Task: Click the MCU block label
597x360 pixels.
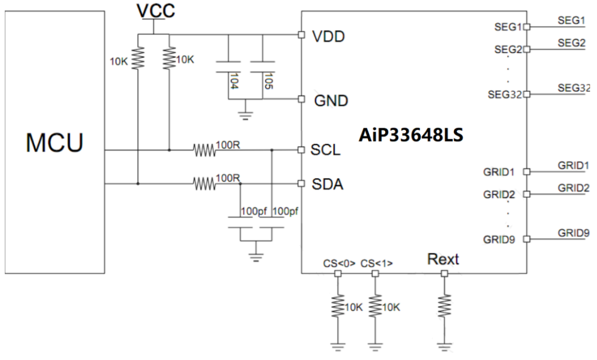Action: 54,143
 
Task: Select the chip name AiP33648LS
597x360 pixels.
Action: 411,135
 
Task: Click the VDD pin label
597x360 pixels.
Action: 328,36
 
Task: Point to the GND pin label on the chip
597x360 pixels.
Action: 331,101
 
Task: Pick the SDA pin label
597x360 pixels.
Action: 328,185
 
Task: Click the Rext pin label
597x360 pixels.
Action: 443,259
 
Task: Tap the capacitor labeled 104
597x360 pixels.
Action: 228,67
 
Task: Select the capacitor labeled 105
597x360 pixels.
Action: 263,67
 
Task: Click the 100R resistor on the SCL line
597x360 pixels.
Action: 203,150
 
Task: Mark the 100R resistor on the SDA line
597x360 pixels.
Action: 203,184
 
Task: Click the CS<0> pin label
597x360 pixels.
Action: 339,264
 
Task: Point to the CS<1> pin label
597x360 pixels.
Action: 376,264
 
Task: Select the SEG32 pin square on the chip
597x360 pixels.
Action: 526,94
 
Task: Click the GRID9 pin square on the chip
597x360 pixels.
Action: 526,239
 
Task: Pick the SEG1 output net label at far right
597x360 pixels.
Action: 571,20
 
